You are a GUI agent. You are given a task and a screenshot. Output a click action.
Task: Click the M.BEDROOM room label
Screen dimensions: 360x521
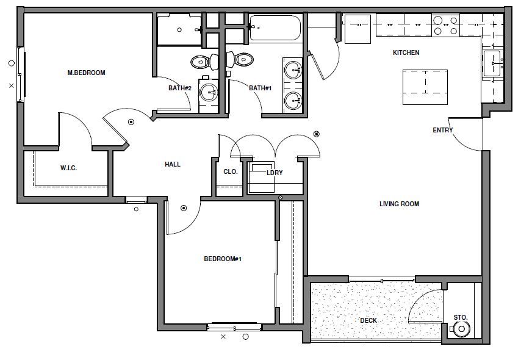[x=86, y=73]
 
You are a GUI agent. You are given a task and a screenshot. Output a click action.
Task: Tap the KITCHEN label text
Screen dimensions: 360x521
[x=406, y=52]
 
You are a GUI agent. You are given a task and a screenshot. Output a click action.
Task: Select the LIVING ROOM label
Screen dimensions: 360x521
[x=399, y=204]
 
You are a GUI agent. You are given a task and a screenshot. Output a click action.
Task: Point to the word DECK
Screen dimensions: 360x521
[x=368, y=320]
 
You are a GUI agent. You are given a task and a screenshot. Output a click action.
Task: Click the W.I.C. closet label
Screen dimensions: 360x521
[x=68, y=168]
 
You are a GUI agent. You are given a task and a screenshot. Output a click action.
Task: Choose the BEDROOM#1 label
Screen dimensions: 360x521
[x=223, y=259]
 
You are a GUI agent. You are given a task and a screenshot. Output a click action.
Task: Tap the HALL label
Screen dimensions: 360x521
[x=173, y=164]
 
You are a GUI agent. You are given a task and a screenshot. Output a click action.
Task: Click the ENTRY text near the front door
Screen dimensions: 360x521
[x=442, y=130]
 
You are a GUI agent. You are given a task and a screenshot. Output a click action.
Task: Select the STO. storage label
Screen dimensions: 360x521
[x=461, y=317]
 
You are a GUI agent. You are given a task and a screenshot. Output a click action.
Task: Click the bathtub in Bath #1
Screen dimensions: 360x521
[x=275, y=28]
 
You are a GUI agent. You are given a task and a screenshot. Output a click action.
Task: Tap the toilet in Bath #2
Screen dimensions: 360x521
[x=202, y=61]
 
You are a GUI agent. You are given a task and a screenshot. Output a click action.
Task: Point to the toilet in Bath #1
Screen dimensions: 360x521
[x=240, y=60]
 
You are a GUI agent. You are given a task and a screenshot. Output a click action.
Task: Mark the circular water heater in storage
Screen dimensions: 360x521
[x=462, y=329]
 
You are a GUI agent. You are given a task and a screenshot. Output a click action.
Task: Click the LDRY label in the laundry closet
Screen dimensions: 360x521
[x=275, y=173]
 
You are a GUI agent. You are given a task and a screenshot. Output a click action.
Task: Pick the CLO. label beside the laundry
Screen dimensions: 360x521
[x=230, y=171]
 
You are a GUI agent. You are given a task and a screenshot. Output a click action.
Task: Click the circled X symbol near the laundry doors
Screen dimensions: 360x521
[x=316, y=134]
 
